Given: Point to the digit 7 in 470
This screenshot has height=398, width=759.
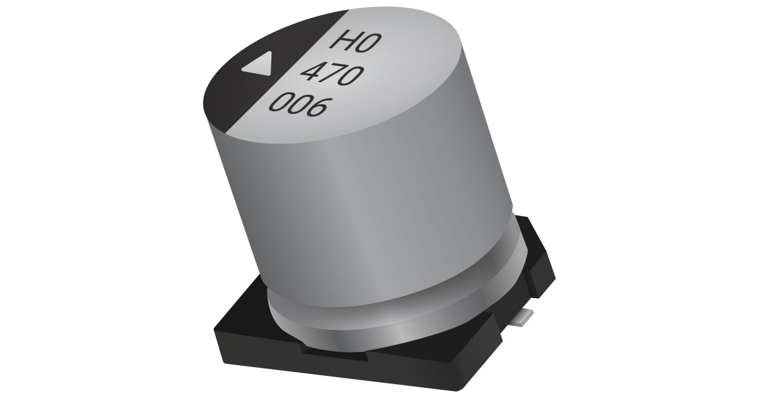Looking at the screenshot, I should tap(333, 76).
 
